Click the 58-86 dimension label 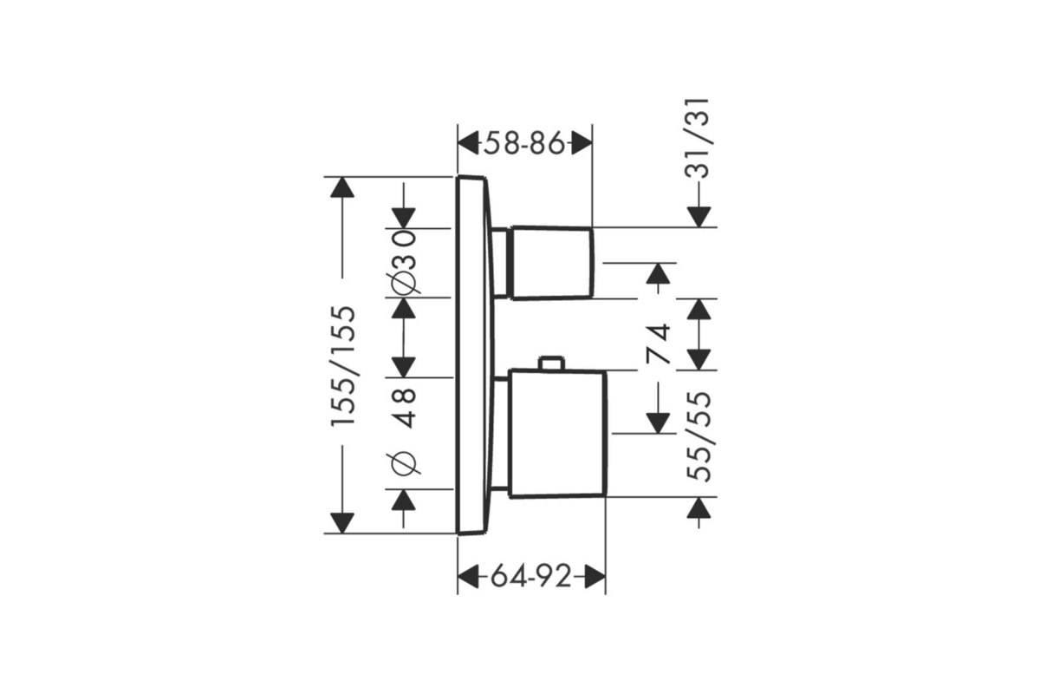(524, 143)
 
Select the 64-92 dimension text (531, 577)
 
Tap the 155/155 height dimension (343, 365)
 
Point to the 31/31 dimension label (698, 138)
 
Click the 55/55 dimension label (699, 436)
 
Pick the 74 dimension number (659, 344)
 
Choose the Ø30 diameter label (404, 262)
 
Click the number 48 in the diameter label (404, 408)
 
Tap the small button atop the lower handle (551, 363)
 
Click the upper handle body (552, 263)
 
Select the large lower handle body (557, 434)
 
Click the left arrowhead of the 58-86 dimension (468, 143)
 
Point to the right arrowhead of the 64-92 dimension (595, 577)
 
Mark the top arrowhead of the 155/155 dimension (342, 187)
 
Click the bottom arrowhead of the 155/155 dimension (342, 523)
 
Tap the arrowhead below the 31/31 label (699, 217)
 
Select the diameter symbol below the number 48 (404, 463)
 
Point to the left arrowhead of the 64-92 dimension (468, 577)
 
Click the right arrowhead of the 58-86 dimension (582, 143)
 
